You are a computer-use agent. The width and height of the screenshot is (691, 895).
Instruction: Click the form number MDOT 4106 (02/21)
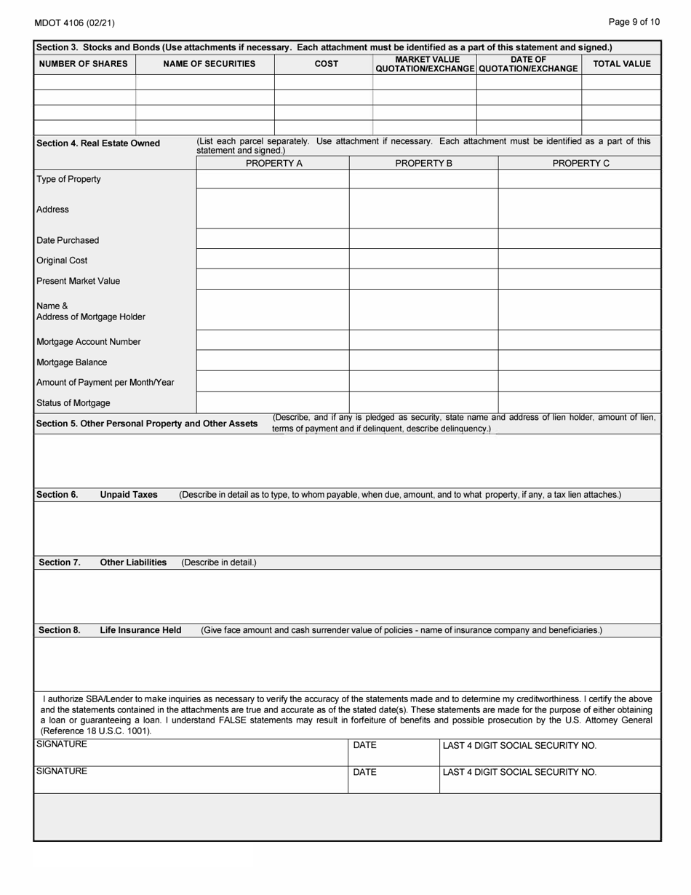pyautogui.click(x=74, y=23)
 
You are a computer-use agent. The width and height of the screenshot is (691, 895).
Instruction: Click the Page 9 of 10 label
pyautogui.click(x=634, y=22)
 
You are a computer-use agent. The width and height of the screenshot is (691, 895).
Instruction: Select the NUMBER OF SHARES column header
pyautogui.click(x=84, y=64)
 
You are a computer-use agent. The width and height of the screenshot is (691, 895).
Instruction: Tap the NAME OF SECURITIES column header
pyautogui.click(x=209, y=64)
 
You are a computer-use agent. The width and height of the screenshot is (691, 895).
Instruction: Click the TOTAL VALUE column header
pyautogui.click(x=622, y=64)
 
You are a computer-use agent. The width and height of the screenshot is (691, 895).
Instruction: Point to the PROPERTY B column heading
pyautogui.click(x=423, y=164)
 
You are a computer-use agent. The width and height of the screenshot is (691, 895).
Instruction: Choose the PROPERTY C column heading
pyautogui.click(x=580, y=164)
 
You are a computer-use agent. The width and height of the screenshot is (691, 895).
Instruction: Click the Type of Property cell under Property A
pyautogui.click(x=273, y=179)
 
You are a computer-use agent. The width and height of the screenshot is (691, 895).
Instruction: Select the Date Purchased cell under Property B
pyautogui.click(x=423, y=240)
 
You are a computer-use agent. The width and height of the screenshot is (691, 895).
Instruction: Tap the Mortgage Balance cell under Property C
pyautogui.click(x=579, y=362)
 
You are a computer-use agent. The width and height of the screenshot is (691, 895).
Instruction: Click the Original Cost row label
pyautogui.click(x=62, y=260)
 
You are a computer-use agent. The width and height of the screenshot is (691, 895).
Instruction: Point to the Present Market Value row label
pyautogui.click(x=79, y=281)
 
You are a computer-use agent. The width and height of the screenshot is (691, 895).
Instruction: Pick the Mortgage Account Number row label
pyautogui.click(x=89, y=342)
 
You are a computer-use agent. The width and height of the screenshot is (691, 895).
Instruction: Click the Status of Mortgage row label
pyautogui.click(x=73, y=403)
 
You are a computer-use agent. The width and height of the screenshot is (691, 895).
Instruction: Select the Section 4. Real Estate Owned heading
pyautogui.click(x=98, y=143)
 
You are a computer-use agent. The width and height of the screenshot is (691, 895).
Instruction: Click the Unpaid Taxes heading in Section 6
pyautogui.click(x=129, y=495)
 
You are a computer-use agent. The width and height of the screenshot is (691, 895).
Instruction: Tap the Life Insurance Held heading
pyautogui.click(x=140, y=630)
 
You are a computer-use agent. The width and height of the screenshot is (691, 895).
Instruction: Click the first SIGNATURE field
pyautogui.click(x=191, y=752)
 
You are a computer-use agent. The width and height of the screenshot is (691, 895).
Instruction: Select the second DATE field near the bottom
pyautogui.click(x=394, y=779)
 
